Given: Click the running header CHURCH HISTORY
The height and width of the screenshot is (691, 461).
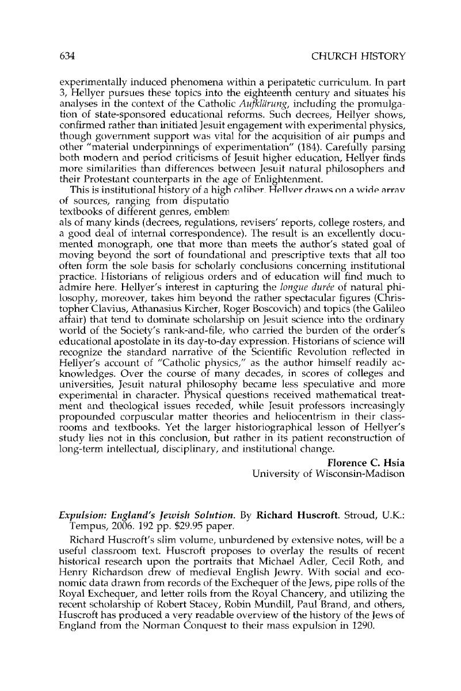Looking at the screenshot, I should click(x=358, y=56).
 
